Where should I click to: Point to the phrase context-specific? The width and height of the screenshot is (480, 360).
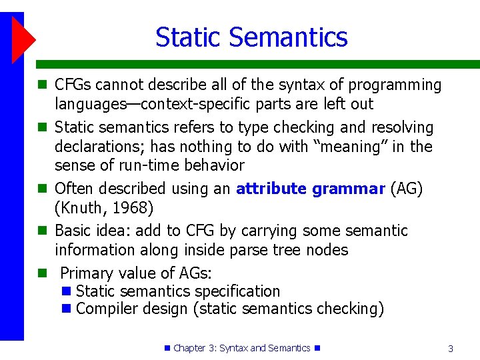(x=195, y=104)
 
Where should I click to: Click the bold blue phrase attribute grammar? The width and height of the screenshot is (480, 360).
(x=310, y=189)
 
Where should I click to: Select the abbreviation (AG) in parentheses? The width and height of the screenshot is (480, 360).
(x=407, y=189)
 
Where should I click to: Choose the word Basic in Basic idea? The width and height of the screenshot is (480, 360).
(x=73, y=231)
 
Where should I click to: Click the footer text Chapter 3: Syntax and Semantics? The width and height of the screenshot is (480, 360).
(x=241, y=348)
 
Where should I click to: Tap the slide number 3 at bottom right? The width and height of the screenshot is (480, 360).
(x=451, y=349)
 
